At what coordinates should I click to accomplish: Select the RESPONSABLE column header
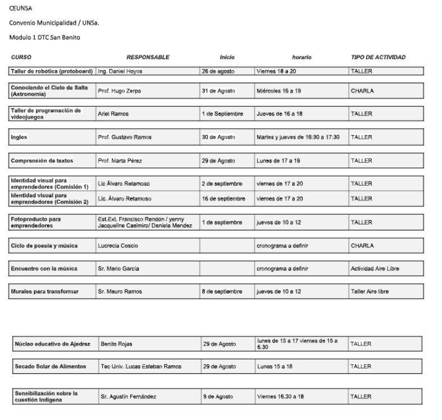pyautogui.click(x=148, y=57)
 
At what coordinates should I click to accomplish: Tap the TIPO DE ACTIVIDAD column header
pyautogui.click(x=378, y=57)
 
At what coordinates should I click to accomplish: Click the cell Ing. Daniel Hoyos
pyautogui.click(x=120, y=71)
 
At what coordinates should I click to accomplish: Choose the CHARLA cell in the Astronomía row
pyautogui.click(x=362, y=91)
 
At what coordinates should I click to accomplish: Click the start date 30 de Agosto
pyautogui.click(x=218, y=137)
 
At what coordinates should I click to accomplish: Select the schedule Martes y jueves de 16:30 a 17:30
pyautogui.click(x=298, y=137)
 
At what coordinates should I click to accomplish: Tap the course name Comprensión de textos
pyautogui.click(x=42, y=161)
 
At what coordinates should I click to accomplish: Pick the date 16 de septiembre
pyautogui.click(x=223, y=198)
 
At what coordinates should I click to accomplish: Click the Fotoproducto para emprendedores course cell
pyautogui.click(x=36, y=222)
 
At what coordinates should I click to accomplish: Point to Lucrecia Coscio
pyautogui.click(x=117, y=246)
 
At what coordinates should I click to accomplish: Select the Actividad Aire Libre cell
pyautogui.click(x=375, y=269)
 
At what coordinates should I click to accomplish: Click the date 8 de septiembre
pyautogui.click(x=221, y=292)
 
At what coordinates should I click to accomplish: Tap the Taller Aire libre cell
pyautogui.click(x=370, y=292)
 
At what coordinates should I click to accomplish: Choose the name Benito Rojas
pyautogui.click(x=116, y=344)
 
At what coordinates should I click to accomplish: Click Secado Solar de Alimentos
pyautogui.click(x=51, y=367)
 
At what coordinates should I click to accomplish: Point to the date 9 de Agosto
pyautogui.click(x=217, y=396)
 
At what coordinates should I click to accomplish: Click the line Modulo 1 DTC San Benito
pyautogui.click(x=44, y=37)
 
